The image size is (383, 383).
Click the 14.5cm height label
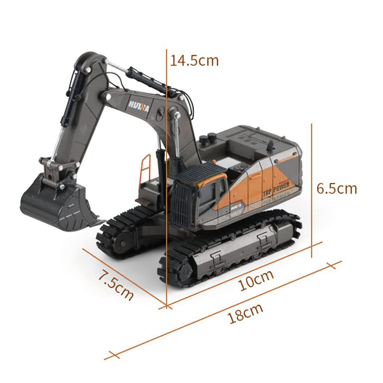(194, 61)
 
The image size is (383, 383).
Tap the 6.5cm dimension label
(337, 188)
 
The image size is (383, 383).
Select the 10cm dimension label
(256, 280)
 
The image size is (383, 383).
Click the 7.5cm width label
(116, 285)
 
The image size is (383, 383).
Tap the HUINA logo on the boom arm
(139, 106)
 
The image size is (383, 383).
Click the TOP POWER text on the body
(276, 189)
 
